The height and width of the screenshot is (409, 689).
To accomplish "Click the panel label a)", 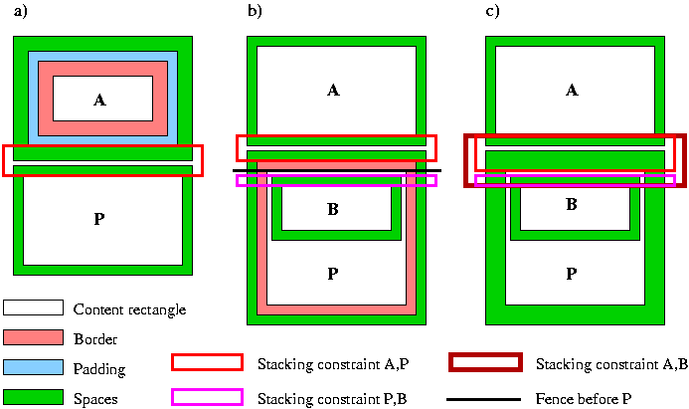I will (20, 13).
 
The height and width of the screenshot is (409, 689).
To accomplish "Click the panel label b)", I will (255, 13).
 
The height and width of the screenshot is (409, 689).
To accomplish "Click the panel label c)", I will (492, 13).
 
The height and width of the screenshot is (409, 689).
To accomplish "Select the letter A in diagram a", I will (98, 101).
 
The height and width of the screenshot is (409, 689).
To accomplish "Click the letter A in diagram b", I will (333, 91).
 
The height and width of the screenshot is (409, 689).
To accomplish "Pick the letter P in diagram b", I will (333, 273).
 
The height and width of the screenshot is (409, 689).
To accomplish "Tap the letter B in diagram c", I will (572, 205).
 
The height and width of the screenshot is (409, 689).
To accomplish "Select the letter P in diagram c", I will (572, 273).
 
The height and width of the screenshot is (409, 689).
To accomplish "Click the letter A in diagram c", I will (572, 91).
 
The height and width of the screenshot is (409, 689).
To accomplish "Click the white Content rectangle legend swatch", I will (33, 308).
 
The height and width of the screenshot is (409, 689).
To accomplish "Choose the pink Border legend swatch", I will (33, 338).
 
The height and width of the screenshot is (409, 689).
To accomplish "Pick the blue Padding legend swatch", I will (33, 368).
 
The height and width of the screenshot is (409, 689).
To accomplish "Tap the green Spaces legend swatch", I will (33, 398).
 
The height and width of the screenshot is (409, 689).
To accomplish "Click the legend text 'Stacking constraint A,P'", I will (332, 363).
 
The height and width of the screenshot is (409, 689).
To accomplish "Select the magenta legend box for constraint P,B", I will (207, 397).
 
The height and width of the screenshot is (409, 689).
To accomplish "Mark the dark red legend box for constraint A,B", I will (485, 362).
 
